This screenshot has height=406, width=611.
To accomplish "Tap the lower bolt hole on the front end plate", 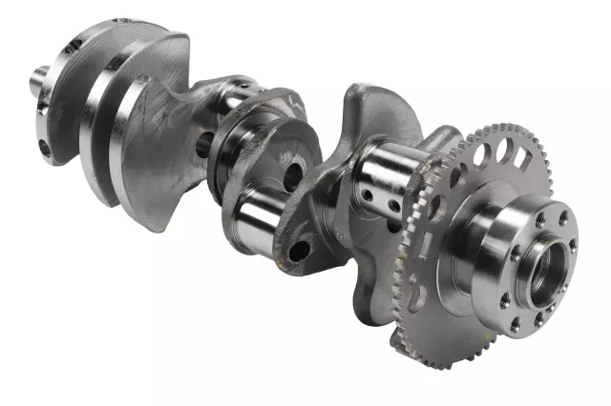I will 43,148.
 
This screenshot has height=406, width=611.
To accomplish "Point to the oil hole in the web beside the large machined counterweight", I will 202,145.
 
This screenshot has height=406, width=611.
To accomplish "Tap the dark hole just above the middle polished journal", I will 293,175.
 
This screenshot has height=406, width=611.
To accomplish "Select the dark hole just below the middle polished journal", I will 298,251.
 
